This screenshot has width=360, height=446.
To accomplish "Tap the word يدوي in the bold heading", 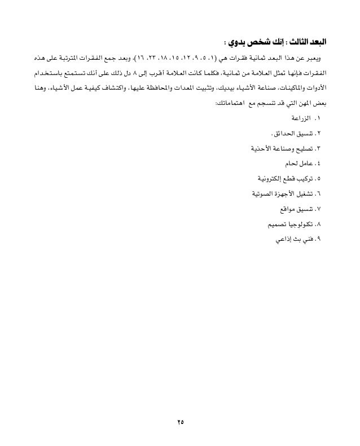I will pyautogui.click(x=236, y=43).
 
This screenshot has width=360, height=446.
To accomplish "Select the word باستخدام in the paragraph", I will pyautogui.click(x=47, y=74).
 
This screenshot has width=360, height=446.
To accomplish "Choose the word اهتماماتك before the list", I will pyautogui.click(x=233, y=104).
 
